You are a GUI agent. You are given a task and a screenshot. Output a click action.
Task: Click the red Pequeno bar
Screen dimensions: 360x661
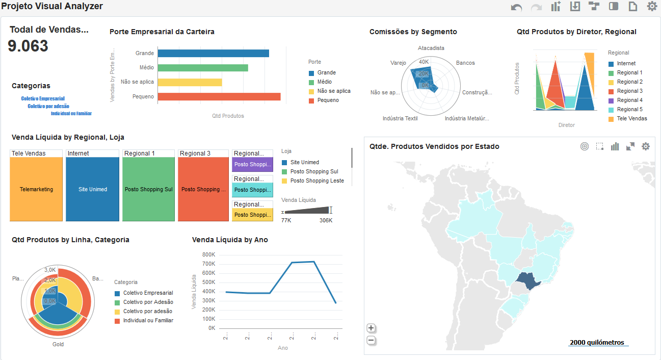click(219, 96)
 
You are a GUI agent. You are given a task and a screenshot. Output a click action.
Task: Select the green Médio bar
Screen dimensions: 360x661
click(203, 67)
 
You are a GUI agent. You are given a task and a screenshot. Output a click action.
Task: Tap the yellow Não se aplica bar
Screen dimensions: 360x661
click(190, 82)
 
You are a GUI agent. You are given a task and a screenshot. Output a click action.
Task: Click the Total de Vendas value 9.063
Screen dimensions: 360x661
click(28, 46)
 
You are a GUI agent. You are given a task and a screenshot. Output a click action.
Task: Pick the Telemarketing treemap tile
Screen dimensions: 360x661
click(36, 189)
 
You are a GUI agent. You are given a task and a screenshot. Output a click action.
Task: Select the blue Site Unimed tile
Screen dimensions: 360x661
click(92, 189)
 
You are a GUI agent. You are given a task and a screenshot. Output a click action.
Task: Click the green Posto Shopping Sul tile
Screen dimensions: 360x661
click(148, 189)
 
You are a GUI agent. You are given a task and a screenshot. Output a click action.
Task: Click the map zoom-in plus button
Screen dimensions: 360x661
click(371, 328)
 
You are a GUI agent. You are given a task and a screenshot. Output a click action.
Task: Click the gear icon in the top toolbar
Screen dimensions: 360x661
click(652, 6)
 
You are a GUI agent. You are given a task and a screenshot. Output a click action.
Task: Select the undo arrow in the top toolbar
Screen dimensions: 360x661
click(516, 7)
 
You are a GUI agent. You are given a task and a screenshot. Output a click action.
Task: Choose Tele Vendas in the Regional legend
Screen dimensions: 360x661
click(632, 118)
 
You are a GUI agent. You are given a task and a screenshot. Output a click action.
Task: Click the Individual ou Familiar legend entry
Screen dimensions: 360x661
click(148, 320)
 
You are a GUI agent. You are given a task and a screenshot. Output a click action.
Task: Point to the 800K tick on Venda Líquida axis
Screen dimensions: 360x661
click(209, 254)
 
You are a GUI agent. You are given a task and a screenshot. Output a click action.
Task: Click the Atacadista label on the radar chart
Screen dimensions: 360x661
click(431, 48)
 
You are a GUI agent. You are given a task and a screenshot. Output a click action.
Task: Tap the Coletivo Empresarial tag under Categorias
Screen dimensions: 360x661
click(43, 98)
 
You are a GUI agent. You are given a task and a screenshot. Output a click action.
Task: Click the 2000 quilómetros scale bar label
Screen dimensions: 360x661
click(597, 343)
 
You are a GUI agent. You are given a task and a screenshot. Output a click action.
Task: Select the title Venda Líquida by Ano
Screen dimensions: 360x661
click(230, 240)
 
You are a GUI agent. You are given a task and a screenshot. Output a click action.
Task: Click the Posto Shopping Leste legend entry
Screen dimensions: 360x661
click(316, 181)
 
